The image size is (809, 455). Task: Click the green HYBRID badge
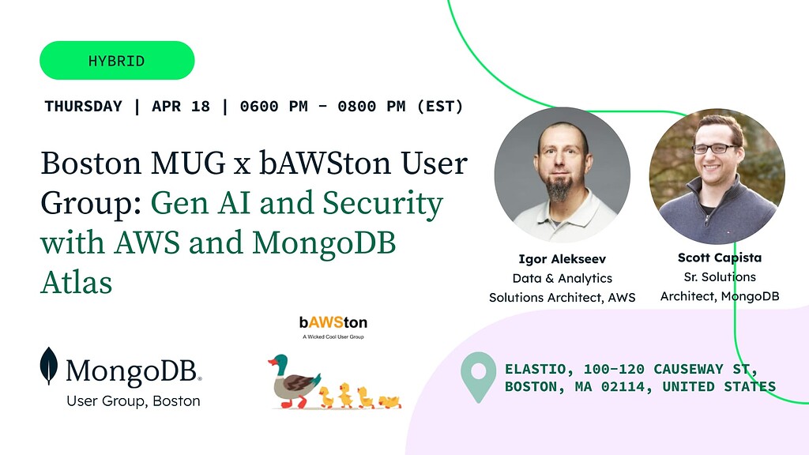click(117, 61)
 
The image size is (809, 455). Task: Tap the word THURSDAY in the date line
click(84, 106)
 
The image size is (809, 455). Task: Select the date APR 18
click(181, 106)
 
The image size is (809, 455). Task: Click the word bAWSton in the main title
click(325, 164)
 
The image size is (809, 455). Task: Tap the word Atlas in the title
click(76, 282)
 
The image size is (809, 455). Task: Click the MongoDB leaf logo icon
click(49, 366)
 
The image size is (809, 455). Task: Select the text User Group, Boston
click(134, 401)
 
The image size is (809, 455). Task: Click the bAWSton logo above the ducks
click(333, 323)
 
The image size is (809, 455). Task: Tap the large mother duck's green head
click(278, 363)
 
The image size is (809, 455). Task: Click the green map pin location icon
click(478, 376)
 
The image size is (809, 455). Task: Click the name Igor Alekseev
click(562, 259)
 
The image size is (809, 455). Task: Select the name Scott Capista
click(719, 258)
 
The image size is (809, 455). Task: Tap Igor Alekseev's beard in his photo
click(561, 187)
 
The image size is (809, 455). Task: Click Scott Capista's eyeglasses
click(713, 149)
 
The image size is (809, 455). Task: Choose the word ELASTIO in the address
click(536, 369)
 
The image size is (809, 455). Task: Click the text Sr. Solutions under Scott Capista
click(719, 277)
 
